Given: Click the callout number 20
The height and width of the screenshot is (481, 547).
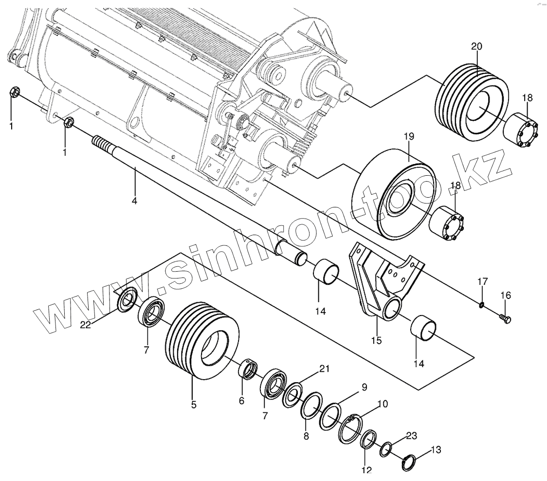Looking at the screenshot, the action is point(476,47).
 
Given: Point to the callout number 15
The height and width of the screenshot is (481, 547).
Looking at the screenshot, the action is point(377,340).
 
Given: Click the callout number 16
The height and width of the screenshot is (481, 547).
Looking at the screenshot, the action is point(506,295).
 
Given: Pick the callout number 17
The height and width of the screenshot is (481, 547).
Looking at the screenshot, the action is point(482,281).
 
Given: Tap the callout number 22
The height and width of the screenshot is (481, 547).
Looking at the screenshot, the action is point(86,325).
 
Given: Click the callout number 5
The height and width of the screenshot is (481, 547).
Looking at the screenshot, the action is point(194,404).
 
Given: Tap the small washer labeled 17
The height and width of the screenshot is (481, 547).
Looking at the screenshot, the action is point(481,305).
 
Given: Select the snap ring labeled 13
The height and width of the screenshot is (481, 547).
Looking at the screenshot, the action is point(409,462).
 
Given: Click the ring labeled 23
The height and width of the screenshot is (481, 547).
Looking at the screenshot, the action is point(386,448).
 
